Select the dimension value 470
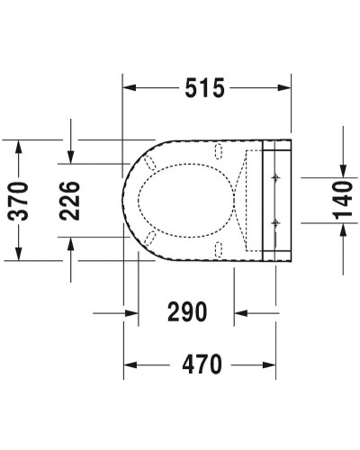click(202, 364)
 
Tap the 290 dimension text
click(186, 312)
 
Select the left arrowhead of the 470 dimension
click(130, 364)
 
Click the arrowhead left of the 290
click(131, 313)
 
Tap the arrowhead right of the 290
click(241, 313)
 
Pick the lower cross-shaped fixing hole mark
click(274, 220)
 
